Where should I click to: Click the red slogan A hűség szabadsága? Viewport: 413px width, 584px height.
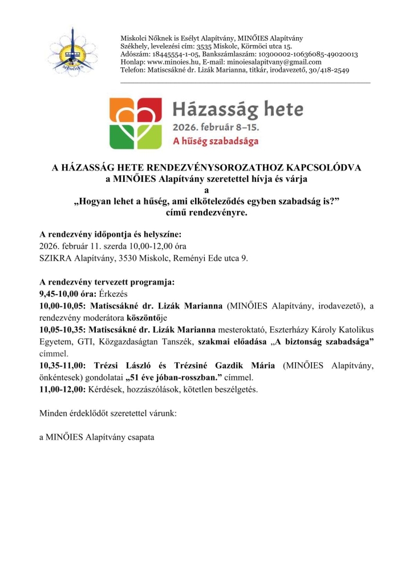coord(216,140)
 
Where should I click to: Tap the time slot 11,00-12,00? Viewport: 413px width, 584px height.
coord(62,389)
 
